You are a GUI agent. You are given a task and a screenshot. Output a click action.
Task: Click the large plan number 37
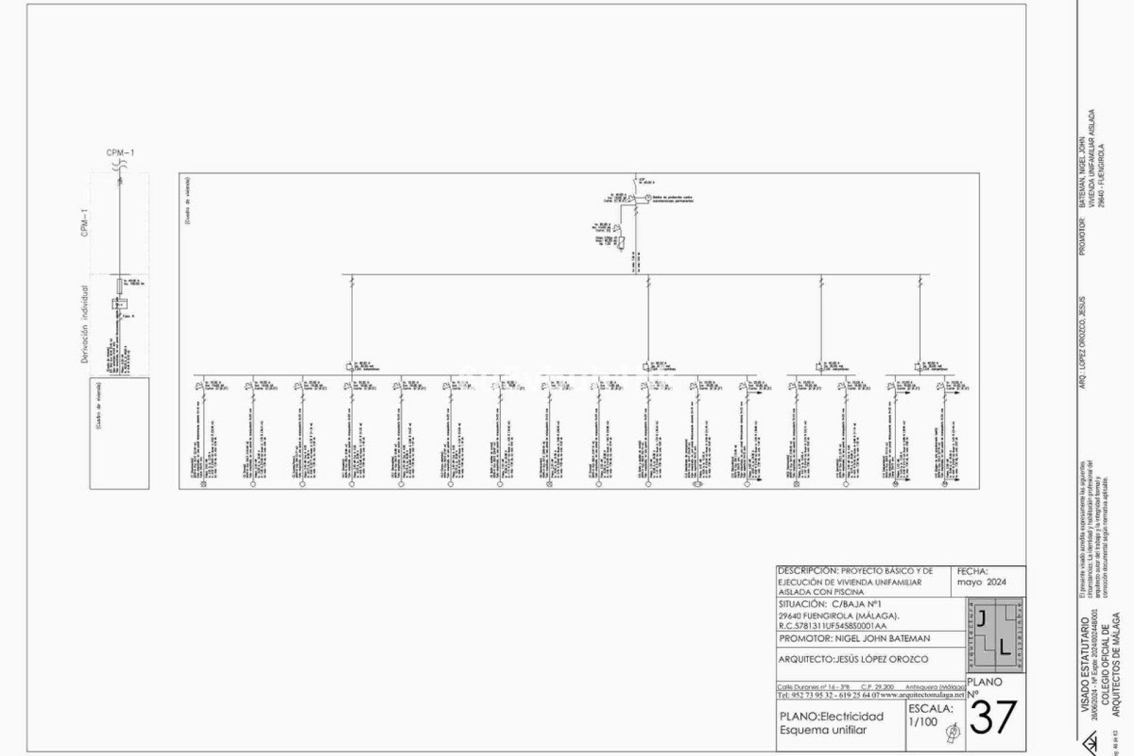[994, 718]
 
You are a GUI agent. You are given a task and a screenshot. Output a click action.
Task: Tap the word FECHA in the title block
[972, 571]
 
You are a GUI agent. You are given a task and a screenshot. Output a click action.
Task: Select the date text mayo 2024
[982, 582]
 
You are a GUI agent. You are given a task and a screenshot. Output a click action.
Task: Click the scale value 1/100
[923, 722]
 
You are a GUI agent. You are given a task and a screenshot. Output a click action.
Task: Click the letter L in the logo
[1005, 648]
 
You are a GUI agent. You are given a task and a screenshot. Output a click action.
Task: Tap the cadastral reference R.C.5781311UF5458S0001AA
[833, 626]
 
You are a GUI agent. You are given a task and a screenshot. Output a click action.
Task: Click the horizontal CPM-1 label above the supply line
[120, 153]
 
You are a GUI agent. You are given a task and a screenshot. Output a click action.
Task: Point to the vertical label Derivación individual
[84, 324]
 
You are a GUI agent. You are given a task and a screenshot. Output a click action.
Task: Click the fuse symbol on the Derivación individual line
[120, 286]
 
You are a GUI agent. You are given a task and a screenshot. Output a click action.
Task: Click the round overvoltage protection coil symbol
[647, 197]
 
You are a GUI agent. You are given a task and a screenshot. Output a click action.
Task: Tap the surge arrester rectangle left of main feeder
[621, 242]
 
